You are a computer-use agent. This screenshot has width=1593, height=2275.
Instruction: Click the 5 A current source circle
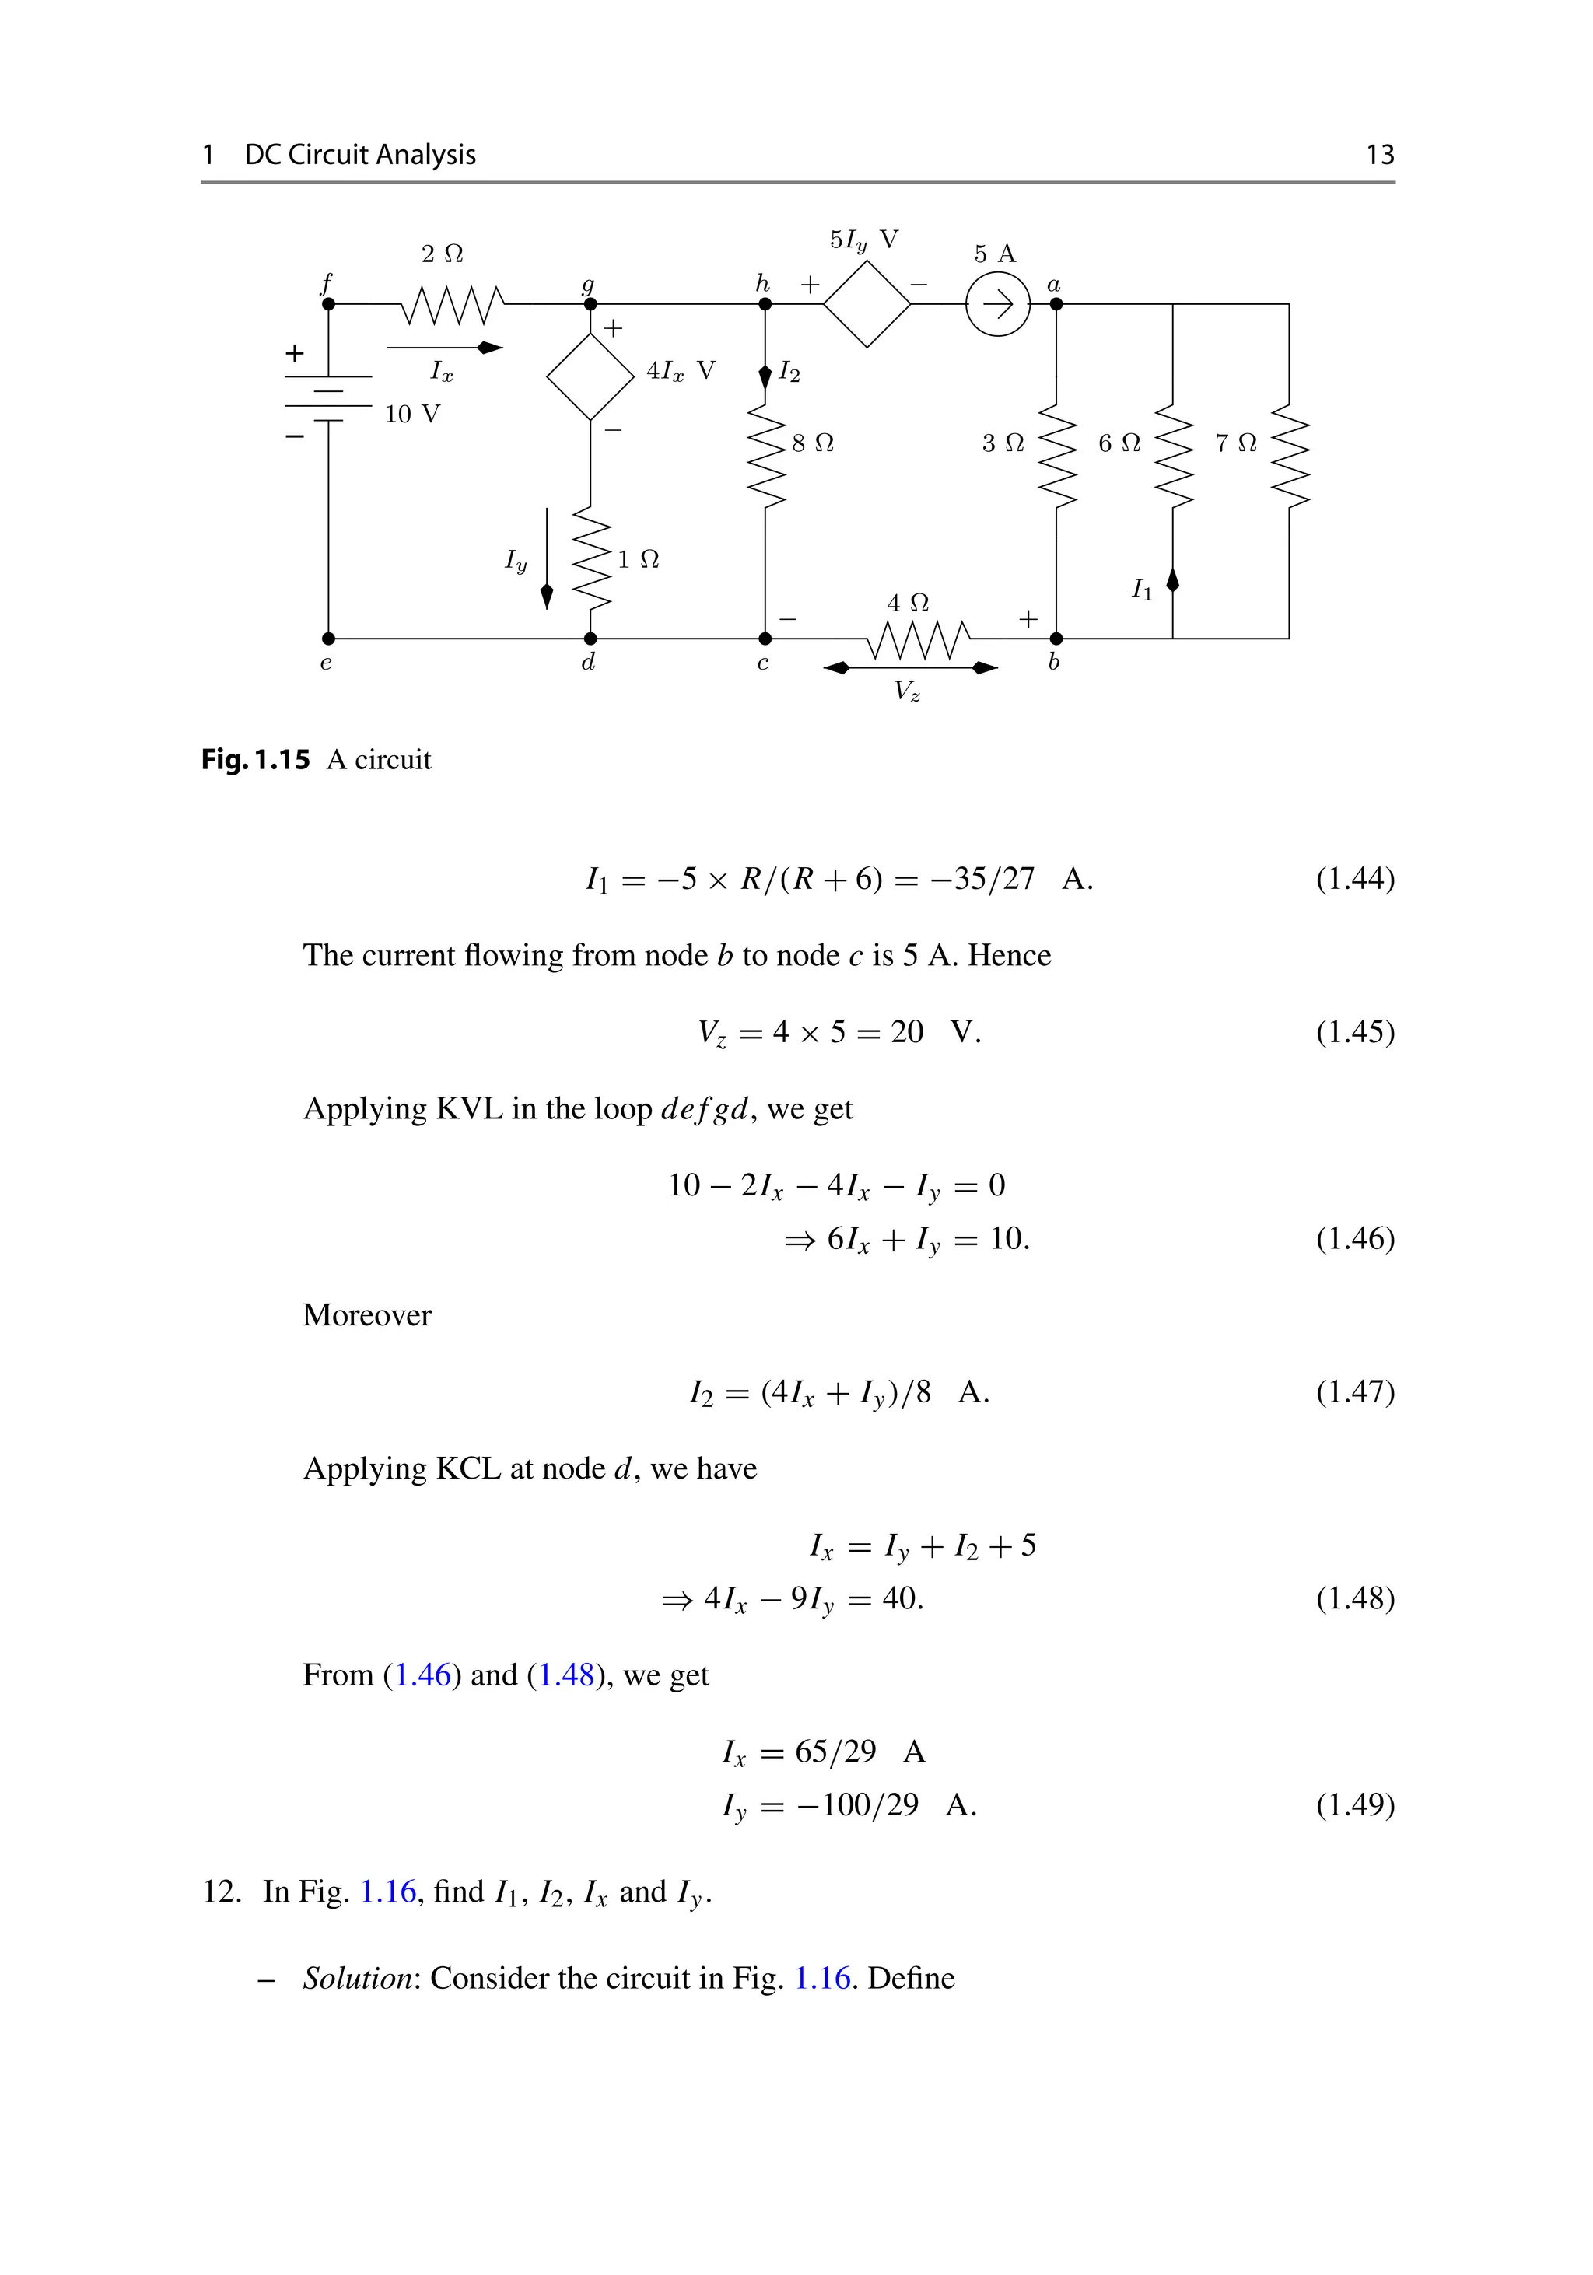pos(998,304)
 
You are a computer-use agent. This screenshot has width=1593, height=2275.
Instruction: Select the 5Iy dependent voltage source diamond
pos(867,304)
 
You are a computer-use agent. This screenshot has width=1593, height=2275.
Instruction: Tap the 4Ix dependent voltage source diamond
pos(590,376)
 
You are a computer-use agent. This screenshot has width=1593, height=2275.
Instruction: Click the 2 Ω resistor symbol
pos(453,304)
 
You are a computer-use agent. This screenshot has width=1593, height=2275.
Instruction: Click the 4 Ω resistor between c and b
pos(919,639)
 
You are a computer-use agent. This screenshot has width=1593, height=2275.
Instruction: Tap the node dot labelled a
pos(1056,304)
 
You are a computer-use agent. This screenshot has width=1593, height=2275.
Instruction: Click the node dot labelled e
pos(329,639)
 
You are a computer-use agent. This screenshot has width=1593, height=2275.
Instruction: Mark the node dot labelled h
pos(765,304)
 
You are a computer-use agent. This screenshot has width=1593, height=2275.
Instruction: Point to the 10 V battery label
pos(412,415)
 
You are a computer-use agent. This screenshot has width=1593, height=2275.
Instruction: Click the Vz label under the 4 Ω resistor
pos(906,691)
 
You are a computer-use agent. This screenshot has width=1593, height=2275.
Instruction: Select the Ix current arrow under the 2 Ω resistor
pos(445,348)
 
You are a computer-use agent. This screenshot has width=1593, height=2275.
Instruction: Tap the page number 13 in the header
pos(1379,155)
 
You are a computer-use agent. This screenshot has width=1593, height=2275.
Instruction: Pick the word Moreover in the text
pos(368,1315)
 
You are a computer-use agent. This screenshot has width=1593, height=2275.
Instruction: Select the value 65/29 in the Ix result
pos(835,1751)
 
